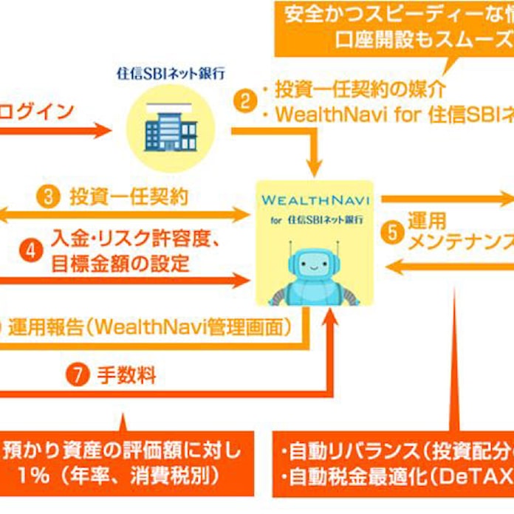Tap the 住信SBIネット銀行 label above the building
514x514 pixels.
click(171, 75)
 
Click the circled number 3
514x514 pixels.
click(47, 196)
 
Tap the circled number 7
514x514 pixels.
click(77, 375)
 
